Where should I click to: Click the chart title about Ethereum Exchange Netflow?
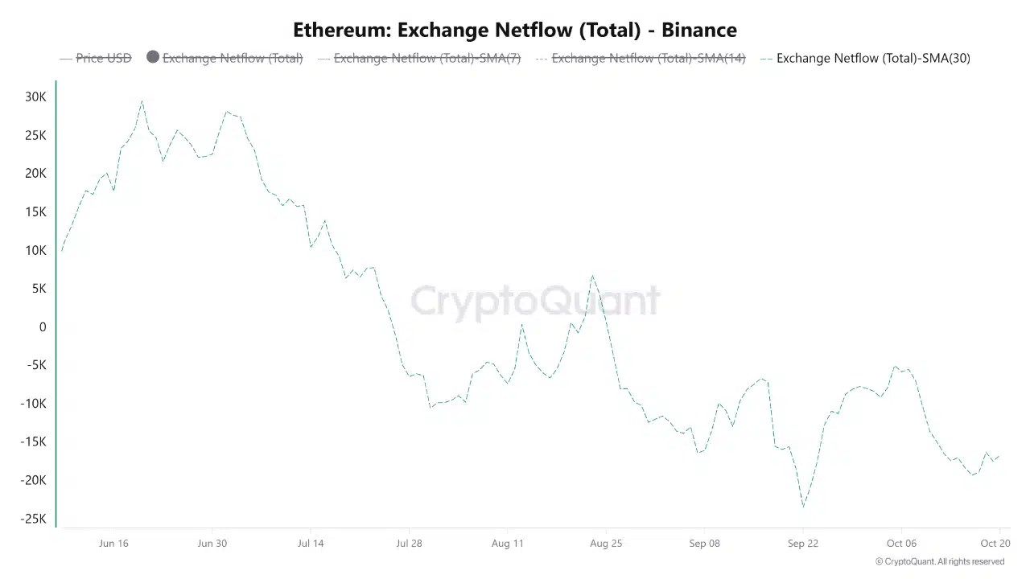click(x=515, y=31)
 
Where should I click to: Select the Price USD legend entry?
click(x=103, y=58)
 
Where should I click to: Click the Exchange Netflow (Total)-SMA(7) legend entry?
click(x=426, y=58)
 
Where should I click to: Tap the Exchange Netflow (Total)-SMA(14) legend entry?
click(x=648, y=58)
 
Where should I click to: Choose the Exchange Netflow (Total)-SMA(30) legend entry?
click(x=873, y=58)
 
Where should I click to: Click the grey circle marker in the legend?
click(x=153, y=57)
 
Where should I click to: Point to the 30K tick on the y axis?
click(x=35, y=97)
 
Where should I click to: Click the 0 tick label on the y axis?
click(x=43, y=327)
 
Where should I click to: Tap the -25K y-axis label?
click(x=34, y=519)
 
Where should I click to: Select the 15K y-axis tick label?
click(x=35, y=212)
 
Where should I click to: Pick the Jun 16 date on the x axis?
click(x=113, y=544)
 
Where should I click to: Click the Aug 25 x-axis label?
click(x=606, y=544)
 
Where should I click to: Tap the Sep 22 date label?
click(x=802, y=544)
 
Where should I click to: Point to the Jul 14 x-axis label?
click(x=311, y=544)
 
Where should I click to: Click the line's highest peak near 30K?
click(x=142, y=101)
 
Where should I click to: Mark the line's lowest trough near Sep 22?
click(x=803, y=507)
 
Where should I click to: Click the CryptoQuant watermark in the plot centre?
click(x=535, y=301)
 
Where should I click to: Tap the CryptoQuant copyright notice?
click(x=940, y=562)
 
